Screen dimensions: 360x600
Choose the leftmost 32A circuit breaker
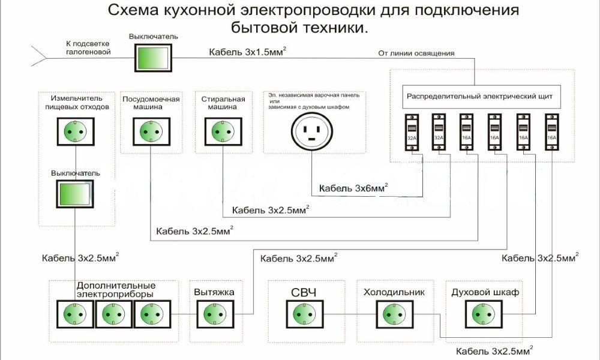coord(412,134)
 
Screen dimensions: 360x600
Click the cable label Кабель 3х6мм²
coord(353,188)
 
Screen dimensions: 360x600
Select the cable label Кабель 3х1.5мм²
coord(247,52)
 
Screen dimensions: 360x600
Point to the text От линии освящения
coord(416,53)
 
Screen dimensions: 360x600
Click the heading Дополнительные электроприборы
coord(116,289)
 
